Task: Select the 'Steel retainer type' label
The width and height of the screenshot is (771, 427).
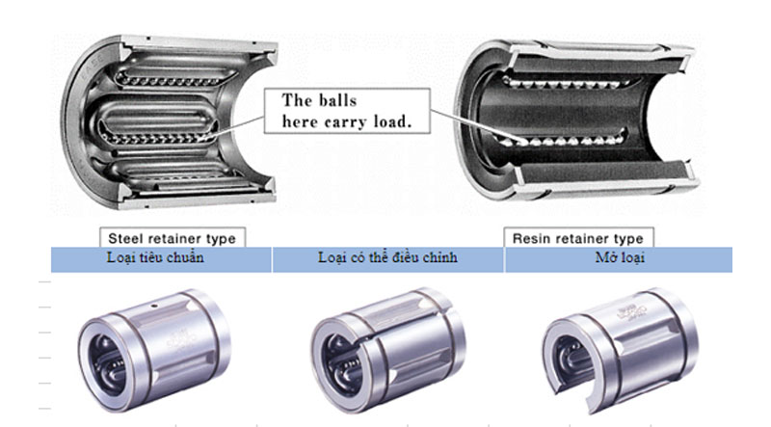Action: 171,237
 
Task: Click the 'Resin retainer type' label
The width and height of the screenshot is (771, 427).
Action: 577,237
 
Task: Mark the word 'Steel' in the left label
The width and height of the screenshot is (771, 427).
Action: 126,237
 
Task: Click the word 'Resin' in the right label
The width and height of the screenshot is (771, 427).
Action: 531,237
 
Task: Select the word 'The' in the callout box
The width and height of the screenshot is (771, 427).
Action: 298,99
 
